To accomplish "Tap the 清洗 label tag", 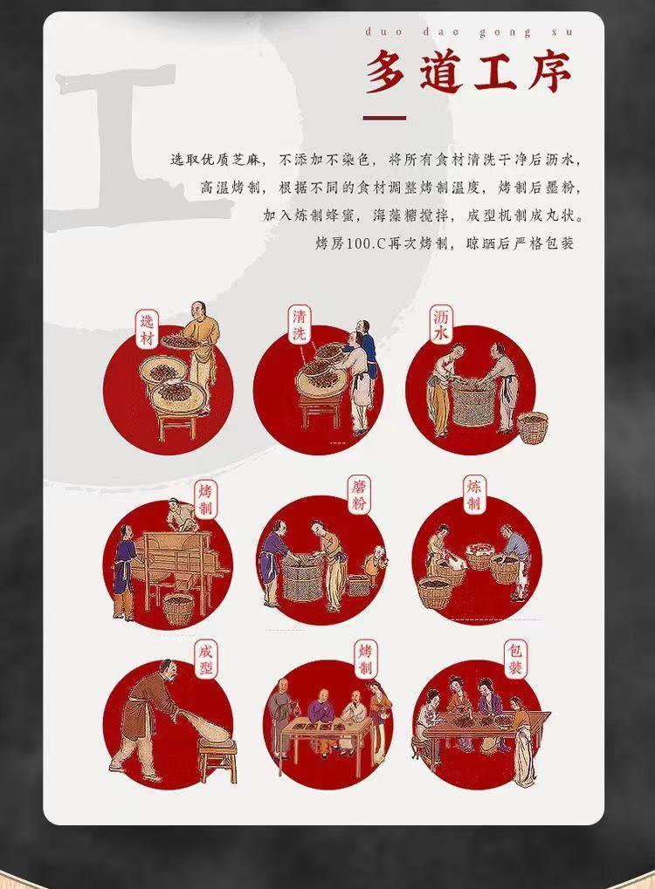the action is point(300,325).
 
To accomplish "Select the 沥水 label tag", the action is point(441,325).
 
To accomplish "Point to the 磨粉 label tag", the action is point(359,495).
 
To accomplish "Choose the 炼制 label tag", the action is point(474,495).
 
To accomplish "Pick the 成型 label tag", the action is point(205,660).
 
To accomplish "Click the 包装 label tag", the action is point(515,659).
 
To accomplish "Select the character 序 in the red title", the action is point(549,72).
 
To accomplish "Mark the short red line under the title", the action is point(384,118).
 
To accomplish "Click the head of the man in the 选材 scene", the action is point(197,310).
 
